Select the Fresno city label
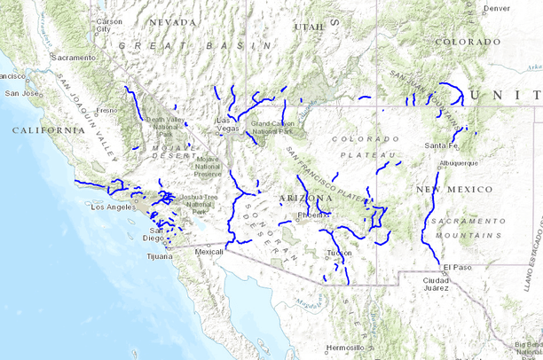pyautogui.click(x=106, y=110)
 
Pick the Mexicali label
pyautogui.click(x=209, y=252)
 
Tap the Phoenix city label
pyautogui.click(x=313, y=215)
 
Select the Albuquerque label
pyautogui.click(x=459, y=163)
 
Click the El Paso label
pyautogui.click(x=458, y=267)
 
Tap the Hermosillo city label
pyautogui.click(x=344, y=347)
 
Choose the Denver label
pyautogui.click(x=498, y=8)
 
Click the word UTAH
pyautogui.click(x=310, y=27)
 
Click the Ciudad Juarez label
pyautogui.click(x=436, y=284)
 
